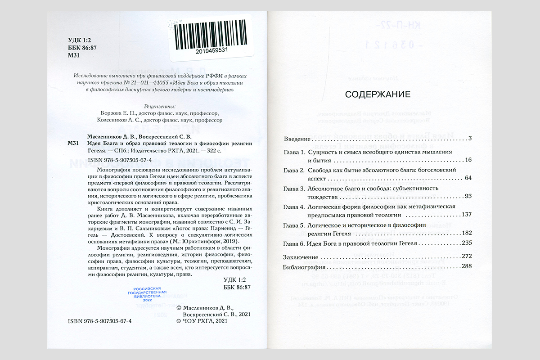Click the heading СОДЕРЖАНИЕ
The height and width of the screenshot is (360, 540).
click(x=378, y=94)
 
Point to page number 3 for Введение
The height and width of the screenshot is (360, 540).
click(x=469, y=138)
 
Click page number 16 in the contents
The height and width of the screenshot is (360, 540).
click(x=468, y=160)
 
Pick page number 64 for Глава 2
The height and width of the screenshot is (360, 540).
click(x=468, y=179)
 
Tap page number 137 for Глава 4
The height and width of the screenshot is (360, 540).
click(x=466, y=214)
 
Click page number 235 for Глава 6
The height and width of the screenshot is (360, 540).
click(x=466, y=243)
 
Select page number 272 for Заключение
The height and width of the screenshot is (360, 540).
click(x=466, y=256)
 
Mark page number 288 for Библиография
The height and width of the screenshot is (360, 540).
click(x=466, y=266)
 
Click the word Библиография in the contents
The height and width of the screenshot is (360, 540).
click(x=304, y=266)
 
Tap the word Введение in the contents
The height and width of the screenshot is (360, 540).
click(x=297, y=138)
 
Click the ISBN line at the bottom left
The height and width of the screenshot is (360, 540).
click(x=99, y=322)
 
